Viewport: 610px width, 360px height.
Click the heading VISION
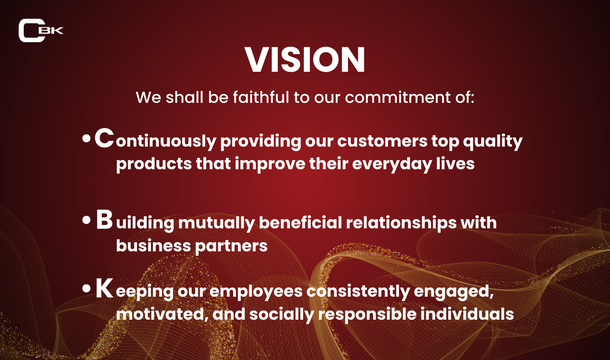pyautogui.click(x=305, y=60)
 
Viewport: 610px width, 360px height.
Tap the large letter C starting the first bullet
pyautogui.click(x=104, y=139)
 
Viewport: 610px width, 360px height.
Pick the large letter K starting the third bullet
pyautogui.click(x=104, y=290)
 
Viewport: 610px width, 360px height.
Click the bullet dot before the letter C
pyautogui.click(x=87, y=141)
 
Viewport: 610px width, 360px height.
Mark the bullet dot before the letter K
pyautogui.click(x=87, y=292)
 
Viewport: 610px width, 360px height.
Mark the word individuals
pyautogui.click(x=463, y=315)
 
